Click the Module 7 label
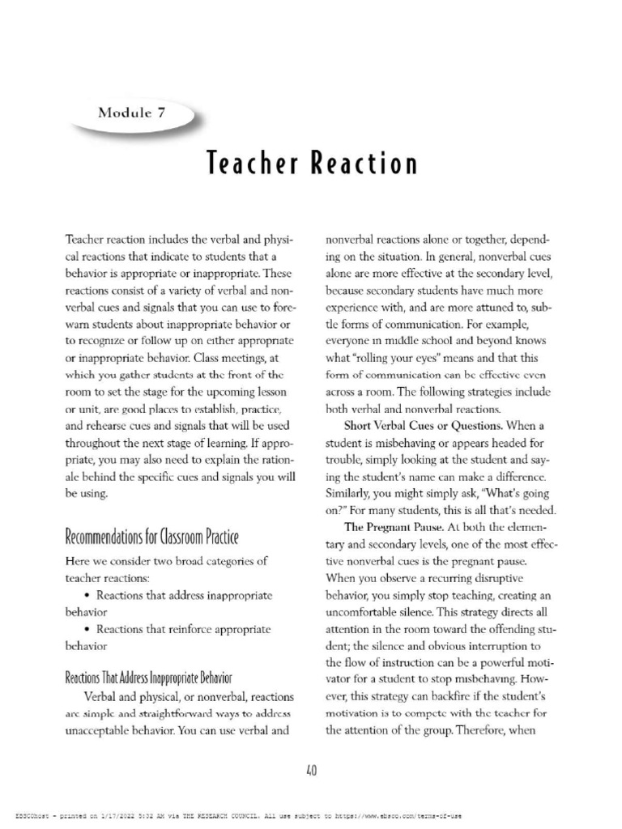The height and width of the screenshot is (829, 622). (132, 113)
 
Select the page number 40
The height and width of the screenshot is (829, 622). (311, 770)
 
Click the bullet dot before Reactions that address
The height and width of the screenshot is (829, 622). (87, 595)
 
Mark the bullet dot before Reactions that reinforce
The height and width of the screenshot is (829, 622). (87, 629)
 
